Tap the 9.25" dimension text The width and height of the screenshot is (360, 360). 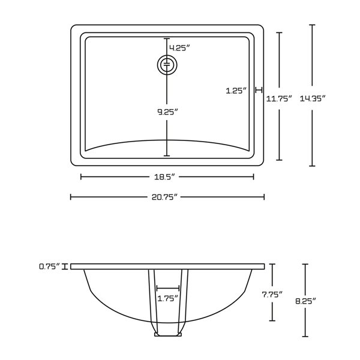[167, 112]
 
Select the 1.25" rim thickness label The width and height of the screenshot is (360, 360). [236, 91]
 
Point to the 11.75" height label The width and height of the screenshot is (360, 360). [279, 98]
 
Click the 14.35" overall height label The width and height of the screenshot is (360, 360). [312, 98]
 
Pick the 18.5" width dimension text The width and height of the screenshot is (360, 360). [167, 176]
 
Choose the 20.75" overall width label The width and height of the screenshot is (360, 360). [167, 197]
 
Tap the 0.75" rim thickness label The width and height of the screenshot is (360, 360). [50, 266]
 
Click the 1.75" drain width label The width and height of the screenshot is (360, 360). [167, 299]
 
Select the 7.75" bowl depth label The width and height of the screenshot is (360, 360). [272, 294]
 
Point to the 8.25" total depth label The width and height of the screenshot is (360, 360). [306, 300]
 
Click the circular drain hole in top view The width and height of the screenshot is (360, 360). [167, 64]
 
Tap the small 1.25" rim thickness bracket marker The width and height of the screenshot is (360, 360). [259, 91]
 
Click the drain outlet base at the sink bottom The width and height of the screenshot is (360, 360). [167, 334]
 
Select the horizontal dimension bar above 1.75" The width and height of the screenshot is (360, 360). [167, 289]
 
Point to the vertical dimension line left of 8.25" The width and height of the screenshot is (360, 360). [306, 276]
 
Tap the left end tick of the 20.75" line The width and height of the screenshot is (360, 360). [71, 197]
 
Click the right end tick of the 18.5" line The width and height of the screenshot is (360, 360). [254, 176]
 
